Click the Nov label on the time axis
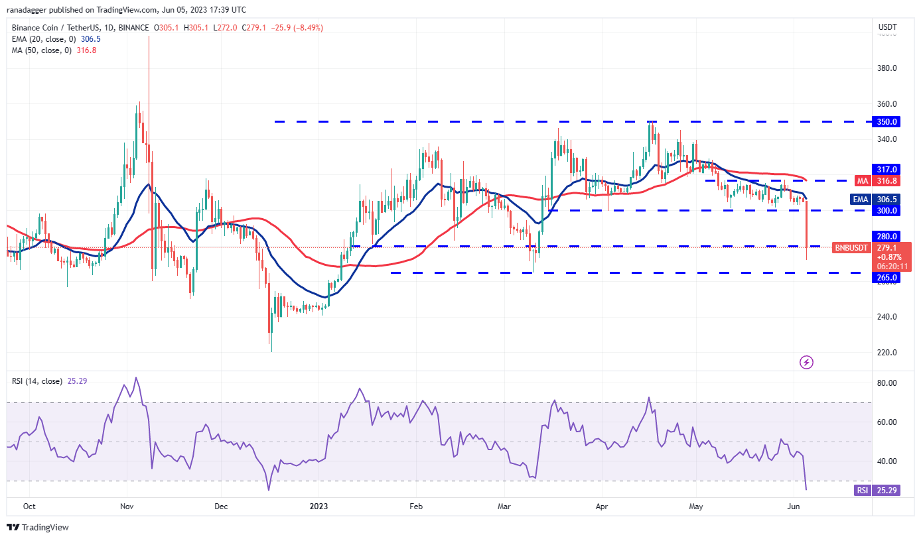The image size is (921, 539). click(127, 507)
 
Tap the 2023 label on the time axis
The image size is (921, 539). click(319, 507)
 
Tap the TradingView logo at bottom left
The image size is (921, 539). click(38, 527)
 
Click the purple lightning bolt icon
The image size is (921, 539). click(806, 363)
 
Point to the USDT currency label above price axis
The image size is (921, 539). click(887, 28)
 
